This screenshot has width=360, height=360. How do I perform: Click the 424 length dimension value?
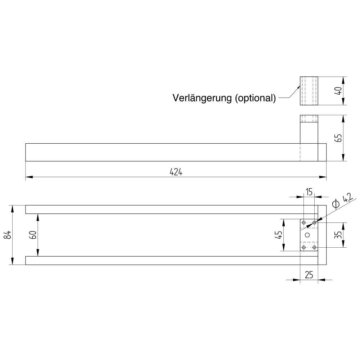coord(176,172)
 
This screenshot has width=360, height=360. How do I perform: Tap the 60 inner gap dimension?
coord(33,235)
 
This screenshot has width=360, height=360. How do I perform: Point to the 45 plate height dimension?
coord(279,235)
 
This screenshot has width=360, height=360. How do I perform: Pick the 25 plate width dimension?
coord(309,275)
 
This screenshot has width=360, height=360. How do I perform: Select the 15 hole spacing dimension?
coord(309,192)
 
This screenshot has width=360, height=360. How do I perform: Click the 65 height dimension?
coord(339,138)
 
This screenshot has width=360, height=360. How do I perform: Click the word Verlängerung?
coord(202,98)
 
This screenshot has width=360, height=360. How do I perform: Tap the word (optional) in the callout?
coord(255,98)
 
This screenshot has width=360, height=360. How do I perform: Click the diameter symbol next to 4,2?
coord(336,203)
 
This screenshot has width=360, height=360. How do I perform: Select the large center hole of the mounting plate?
coord(307,235)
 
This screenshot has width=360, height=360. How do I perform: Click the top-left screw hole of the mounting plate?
coord(304,222)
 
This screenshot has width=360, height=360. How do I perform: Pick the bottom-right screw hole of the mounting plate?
coord(314,247)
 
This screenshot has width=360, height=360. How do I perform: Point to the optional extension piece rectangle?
coord(309,91)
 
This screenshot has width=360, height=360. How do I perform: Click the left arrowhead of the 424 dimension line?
coord(29,177)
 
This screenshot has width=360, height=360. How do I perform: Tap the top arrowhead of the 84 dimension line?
coord(12,209)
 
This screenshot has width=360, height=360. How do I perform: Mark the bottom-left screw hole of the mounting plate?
coord(304,247)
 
